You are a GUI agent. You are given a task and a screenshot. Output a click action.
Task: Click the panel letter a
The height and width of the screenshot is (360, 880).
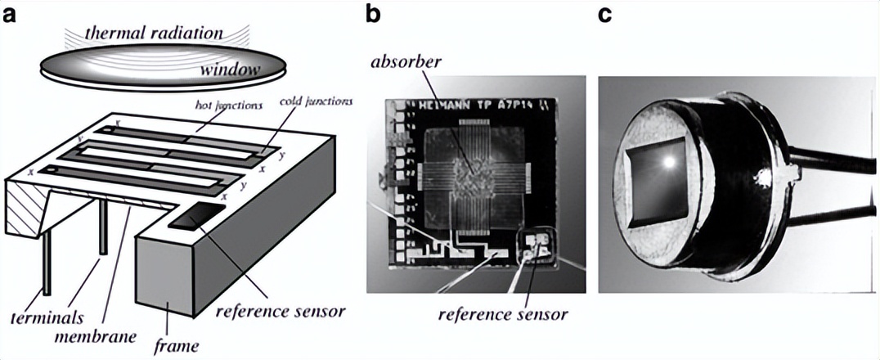tap(11, 15)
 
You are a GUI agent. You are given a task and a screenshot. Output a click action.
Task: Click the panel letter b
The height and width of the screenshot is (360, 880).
tap(373, 15)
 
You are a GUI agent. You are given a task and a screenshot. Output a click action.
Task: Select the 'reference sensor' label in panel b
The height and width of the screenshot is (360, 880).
tap(502, 313)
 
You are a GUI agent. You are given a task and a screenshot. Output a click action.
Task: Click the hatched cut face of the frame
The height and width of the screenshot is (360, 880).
tap(25, 209)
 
